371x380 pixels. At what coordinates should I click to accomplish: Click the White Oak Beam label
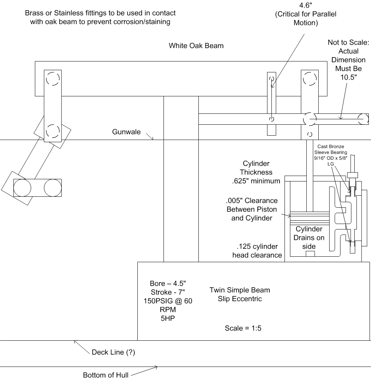tap(196, 45)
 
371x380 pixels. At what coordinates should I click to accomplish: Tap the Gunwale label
tap(126, 132)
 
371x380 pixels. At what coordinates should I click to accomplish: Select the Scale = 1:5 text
tap(243, 328)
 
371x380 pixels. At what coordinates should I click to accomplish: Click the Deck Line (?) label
tap(113, 352)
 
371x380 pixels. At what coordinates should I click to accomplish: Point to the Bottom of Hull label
tap(106, 375)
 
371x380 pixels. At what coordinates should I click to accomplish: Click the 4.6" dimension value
tap(306, 5)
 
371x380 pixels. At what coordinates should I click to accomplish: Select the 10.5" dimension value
tap(348, 77)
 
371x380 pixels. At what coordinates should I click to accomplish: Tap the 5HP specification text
tap(168, 318)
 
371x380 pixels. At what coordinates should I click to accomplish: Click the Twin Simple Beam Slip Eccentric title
tap(240, 294)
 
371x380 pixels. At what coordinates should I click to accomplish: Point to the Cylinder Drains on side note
tap(309, 237)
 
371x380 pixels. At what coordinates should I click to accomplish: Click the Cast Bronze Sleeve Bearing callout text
tap(331, 155)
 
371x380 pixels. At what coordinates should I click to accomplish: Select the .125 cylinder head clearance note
tap(257, 251)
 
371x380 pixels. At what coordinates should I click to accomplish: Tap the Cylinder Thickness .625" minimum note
tap(256, 172)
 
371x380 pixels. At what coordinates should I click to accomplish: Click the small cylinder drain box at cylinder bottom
tap(310, 254)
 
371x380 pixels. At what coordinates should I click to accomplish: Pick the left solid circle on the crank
tap(22, 188)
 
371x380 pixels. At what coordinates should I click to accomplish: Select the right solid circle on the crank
tap(53, 188)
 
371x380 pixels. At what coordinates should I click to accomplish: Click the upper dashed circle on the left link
tap(53, 79)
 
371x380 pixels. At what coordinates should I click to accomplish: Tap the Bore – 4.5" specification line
tap(168, 283)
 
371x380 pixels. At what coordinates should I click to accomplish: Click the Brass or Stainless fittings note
tap(100, 17)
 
